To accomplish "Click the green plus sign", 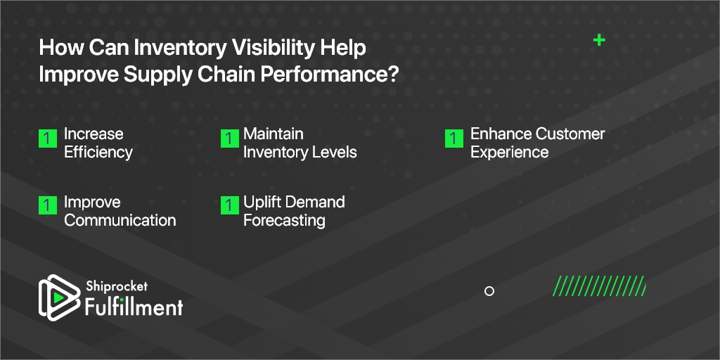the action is [599, 40].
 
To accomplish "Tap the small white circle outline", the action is [489, 290].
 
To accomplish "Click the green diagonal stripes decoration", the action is [599, 285].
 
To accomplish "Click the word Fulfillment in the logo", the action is [134, 307].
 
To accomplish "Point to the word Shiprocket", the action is [117, 286].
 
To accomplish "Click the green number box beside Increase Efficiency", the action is [48, 139].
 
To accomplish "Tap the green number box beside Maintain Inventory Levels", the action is [230, 139].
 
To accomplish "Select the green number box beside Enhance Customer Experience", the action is [454, 139].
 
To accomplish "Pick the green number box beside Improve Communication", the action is [48, 205].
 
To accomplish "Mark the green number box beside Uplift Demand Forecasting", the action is [230, 205].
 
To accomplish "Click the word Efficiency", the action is [98, 152].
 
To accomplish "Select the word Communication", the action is [120, 220].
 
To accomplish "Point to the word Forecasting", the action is [284, 220].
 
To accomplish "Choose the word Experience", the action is [509, 152].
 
